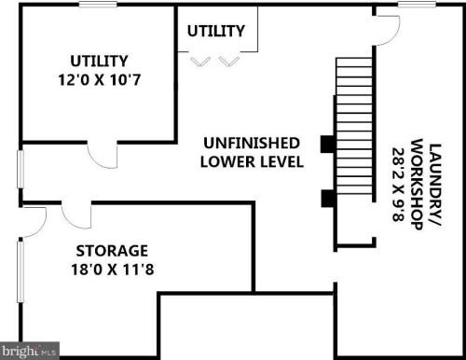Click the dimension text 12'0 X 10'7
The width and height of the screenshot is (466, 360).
point(100,80)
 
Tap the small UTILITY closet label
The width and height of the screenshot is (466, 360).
point(216,31)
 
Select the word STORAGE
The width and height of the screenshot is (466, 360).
point(112,251)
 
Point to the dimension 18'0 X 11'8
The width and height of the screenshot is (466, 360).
point(113,270)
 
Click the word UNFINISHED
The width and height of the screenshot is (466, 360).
point(252,143)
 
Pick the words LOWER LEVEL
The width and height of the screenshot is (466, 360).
point(252,162)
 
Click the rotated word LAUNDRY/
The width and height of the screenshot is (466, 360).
point(435,186)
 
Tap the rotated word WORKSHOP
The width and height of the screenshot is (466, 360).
point(417,185)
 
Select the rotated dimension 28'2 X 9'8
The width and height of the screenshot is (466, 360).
point(398,185)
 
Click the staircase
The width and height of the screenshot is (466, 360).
point(354,126)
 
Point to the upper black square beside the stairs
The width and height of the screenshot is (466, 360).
point(327,144)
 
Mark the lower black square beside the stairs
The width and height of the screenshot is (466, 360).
point(327,199)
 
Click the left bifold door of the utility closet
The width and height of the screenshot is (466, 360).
point(200,62)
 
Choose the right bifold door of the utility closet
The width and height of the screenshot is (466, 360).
point(229,62)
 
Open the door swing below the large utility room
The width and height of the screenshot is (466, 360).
point(102,155)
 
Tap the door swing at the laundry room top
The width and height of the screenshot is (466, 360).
point(388,31)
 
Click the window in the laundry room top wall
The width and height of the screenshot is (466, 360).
point(417,4)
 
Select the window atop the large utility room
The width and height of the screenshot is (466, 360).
point(98,4)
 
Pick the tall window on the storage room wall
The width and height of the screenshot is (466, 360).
point(21,271)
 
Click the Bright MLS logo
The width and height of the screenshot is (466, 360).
point(30,351)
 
